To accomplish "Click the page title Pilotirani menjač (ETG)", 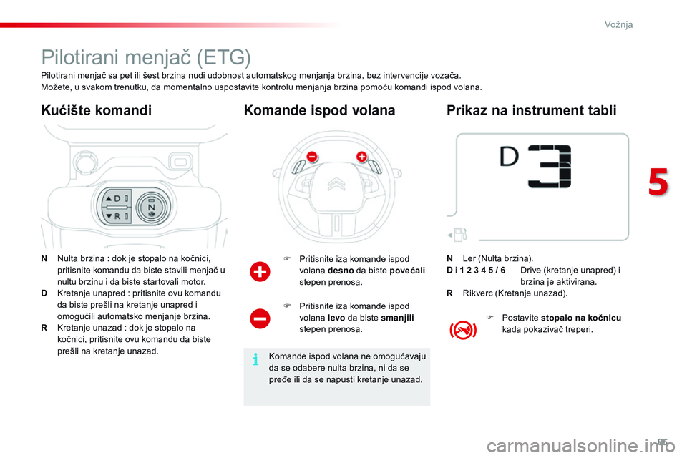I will (x=146, y=57).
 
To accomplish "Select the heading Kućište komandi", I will (x=97, y=110).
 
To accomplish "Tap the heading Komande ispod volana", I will (x=319, y=110).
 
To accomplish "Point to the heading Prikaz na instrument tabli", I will (x=531, y=110).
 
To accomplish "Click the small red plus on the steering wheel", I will (x=361, y=156).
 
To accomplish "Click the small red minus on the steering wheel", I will (x=311, y=156).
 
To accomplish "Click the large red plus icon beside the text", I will (x=260, y=272).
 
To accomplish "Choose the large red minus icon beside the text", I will (x=260, y=318).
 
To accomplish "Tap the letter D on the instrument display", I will (x=509, y=158).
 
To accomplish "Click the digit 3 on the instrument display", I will (x=550, y=167).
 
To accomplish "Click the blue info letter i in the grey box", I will (x=255, y=360).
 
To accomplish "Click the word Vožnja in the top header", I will (x=618, y=24).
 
